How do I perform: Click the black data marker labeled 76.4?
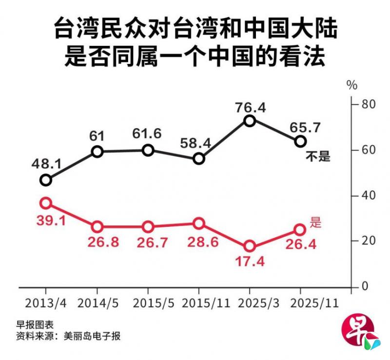250,120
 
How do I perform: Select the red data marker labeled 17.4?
250,246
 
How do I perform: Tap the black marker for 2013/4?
46,180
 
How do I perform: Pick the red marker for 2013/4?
46,203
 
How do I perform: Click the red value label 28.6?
198,242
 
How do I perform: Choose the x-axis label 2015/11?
205,303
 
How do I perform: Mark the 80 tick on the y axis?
367,104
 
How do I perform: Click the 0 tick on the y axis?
364,287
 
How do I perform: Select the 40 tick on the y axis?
367,196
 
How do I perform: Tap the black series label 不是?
317,157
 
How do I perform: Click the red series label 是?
316,223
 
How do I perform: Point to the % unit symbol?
352,85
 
